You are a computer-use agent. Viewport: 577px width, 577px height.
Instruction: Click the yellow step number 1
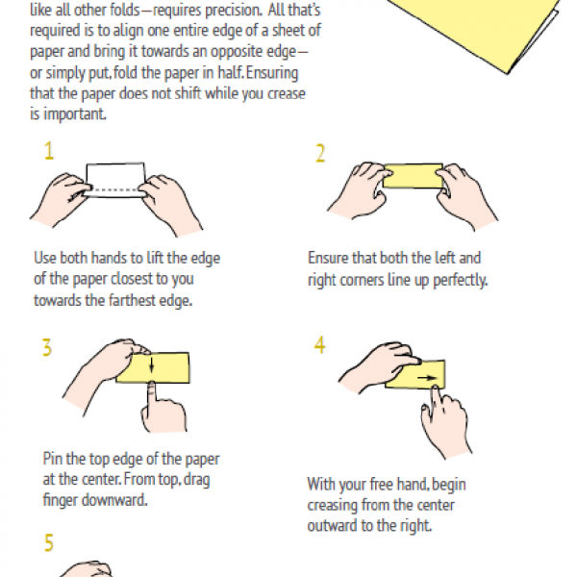(x=49, y=151)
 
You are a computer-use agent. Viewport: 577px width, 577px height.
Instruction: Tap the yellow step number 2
(x=320, y=153)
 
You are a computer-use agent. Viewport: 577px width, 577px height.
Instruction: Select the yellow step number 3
(x=47, y=348)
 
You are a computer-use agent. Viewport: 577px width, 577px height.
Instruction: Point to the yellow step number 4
(x=319, y=345)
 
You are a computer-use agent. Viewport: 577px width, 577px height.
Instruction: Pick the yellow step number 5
(x=49, y=542)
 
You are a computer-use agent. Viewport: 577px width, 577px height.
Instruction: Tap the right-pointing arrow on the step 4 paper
(x=428, y=378)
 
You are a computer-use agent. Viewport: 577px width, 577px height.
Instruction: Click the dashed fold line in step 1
(x=114, y=190)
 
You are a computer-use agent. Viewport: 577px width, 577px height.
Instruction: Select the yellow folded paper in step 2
(x=413, y=176)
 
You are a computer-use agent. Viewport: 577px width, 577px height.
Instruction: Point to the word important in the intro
(x=75, y=114)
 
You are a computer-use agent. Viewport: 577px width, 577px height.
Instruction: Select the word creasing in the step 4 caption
(x=332, y=505)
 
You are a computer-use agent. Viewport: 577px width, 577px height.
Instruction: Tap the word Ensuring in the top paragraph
(x=272, y=73)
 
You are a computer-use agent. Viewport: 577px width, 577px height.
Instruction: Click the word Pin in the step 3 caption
(x=53, y=459)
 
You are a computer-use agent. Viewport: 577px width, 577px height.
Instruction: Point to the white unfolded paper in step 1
(x=115, y=180)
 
